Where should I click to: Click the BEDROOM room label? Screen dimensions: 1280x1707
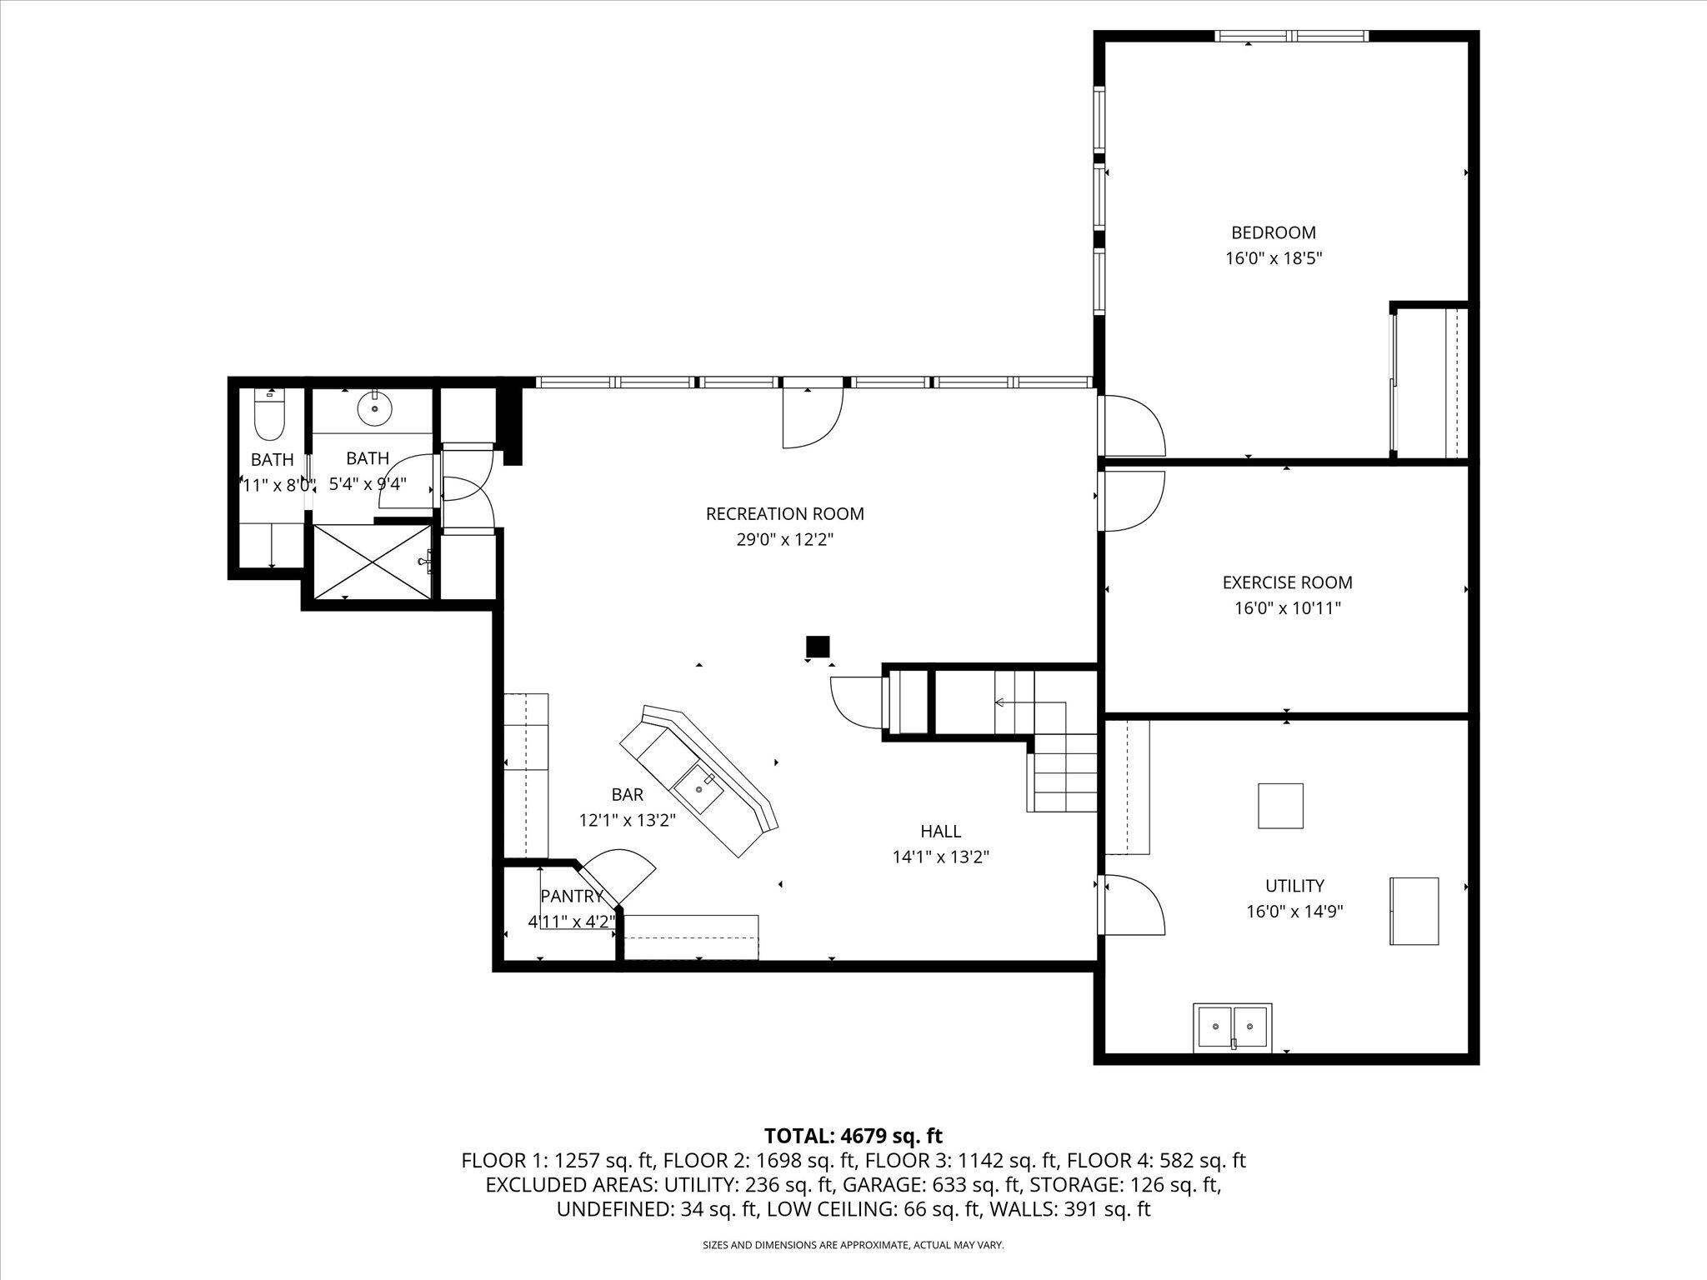1274,232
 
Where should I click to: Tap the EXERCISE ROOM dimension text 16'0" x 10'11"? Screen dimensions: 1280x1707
1287,608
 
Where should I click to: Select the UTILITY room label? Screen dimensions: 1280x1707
1294,886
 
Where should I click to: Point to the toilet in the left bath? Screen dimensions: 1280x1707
269,417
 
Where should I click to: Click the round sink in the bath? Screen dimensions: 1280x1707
374,408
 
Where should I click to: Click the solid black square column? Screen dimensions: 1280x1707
818,646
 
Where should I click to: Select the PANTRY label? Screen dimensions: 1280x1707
572,897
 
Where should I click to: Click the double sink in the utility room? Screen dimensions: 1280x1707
1233,1027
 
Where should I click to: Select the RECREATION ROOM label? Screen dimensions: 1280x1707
784,514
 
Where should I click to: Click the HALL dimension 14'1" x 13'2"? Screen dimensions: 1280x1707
940,857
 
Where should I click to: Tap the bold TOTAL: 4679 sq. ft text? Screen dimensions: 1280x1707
853,1136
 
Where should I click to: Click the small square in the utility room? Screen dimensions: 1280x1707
1280,806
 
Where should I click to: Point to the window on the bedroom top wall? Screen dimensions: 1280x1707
1290,36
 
